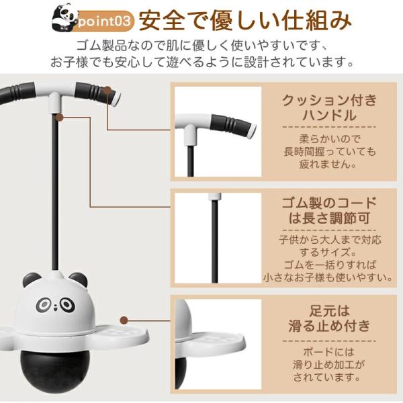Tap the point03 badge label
click(104, 21)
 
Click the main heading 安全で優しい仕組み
click(245, 21)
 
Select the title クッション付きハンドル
click(329, 107)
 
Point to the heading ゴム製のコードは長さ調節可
click(329, 211)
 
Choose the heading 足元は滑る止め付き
click(329, 318)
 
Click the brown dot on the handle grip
click(107, 90)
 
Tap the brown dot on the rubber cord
click(59, 117)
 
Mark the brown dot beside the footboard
click(124, 320)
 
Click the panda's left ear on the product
click(31, 279)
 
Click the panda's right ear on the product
click(79, 279)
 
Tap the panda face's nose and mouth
click(56, 306)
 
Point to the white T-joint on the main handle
click(55, 102)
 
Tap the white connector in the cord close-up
click(215, 197)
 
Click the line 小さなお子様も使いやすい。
click(328, 277)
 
